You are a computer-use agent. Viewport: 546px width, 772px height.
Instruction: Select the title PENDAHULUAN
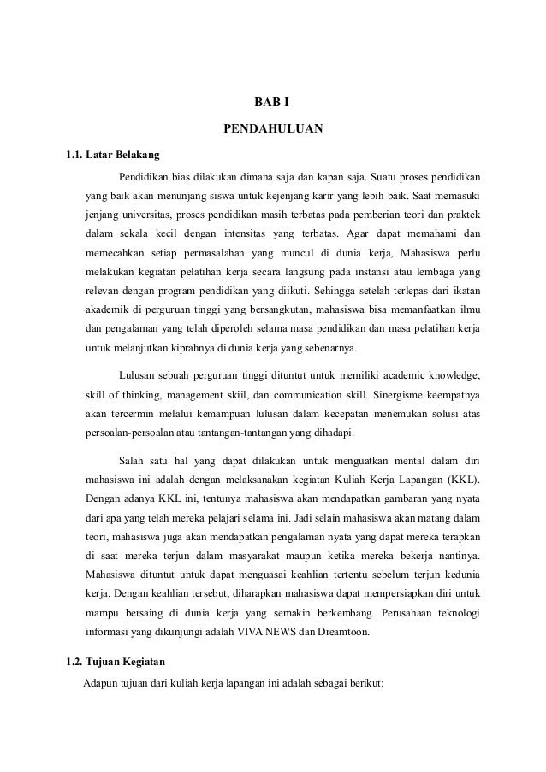(272, 130)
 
